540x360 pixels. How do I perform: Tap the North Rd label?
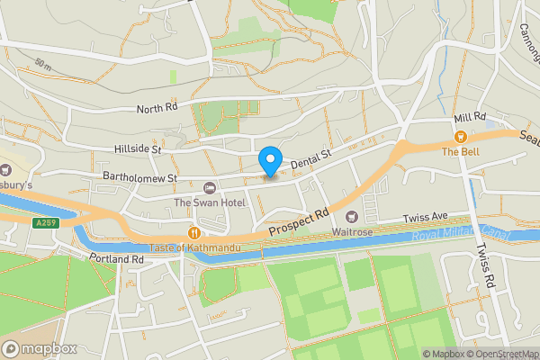coord(157,108)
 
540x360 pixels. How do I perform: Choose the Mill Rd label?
coord(470,118)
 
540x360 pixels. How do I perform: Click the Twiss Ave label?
coord(424,218)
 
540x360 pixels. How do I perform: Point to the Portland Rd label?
coord(117,258)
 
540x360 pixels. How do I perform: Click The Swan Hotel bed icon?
coord(210,187)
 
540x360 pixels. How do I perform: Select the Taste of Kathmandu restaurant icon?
coord(193,232)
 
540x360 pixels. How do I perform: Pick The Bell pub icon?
coord(460,137)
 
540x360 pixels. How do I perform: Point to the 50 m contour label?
coord(42,67)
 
